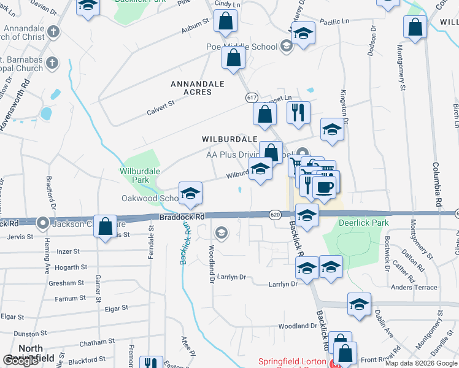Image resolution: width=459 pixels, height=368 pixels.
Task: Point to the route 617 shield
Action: pos(252,98)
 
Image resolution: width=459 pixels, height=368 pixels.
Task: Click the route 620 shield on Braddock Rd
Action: pos(274,214)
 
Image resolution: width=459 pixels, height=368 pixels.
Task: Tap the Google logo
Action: pos(21,361)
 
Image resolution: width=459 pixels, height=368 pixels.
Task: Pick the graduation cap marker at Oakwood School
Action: pos(190,193)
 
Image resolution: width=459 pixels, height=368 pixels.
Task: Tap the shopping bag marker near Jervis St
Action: pos(106,226)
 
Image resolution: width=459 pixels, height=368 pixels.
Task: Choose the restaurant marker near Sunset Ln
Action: pos(298,112)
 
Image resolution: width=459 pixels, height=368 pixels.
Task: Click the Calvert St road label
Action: pos(161,108)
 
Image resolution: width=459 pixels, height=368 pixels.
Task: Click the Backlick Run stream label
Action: pos(184,243)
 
